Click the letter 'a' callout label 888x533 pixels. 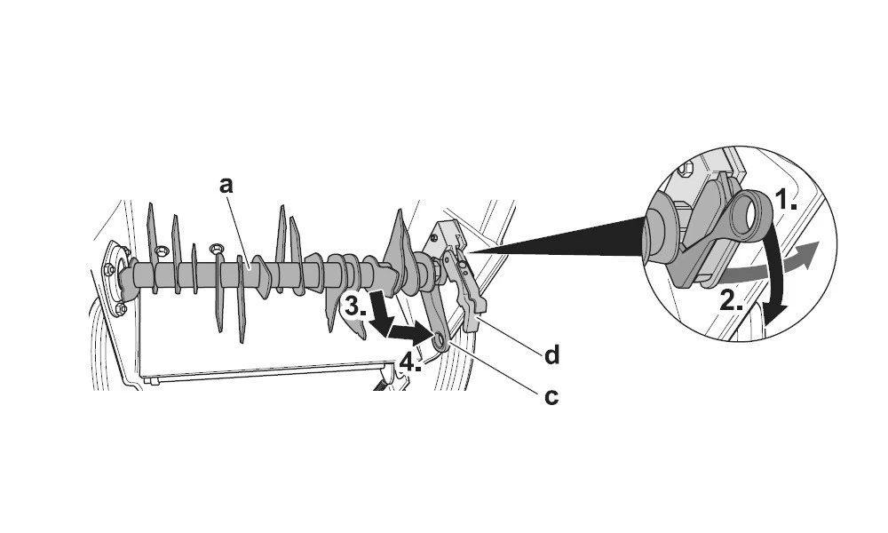(226, 185)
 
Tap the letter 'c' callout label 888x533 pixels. (551, 396)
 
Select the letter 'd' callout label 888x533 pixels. (551, 356)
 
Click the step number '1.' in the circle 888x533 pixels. (785, 201)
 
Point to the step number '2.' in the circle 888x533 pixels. (731, 299)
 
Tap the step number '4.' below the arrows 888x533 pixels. (410, 362)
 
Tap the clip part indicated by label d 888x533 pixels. (472, 298)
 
